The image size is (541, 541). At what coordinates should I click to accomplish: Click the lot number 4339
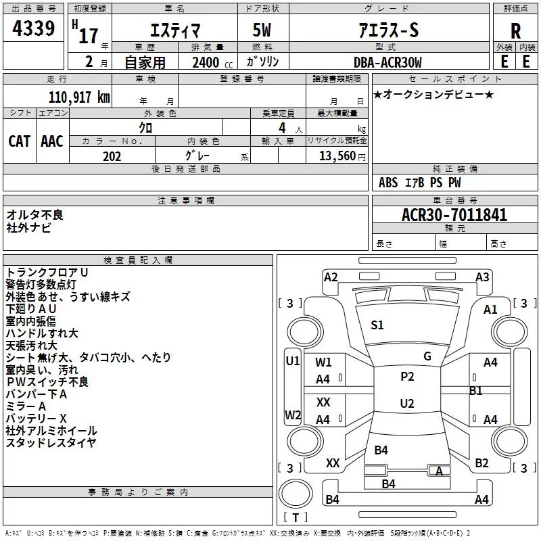click(33, 28)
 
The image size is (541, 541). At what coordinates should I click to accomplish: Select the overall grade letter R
click(515, 31)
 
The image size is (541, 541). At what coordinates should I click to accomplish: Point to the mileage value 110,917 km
click(79, 97)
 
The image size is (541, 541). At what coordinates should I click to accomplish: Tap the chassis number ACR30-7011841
click(454, 214)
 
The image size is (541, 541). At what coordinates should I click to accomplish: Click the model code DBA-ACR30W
click(387, 62)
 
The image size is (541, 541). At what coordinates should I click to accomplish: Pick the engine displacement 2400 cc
click(212, 62)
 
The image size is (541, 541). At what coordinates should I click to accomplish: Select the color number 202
click(112, 156)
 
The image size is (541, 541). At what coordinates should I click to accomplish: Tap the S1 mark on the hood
click(377, 325)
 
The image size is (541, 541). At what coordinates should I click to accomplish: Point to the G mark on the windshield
click(427, 356)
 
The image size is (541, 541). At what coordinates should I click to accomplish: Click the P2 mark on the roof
click(407, 377)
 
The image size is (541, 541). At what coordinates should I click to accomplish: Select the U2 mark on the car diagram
click(407, 403)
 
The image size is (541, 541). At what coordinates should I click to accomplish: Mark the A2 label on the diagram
click(331, 277)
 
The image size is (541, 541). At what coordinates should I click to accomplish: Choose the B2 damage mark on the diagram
click(481, 463)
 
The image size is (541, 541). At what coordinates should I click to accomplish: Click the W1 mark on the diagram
click(323, 362)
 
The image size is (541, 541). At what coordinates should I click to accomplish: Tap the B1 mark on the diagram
click(476, 391)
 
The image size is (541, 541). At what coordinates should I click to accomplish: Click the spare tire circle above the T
click(296, 494)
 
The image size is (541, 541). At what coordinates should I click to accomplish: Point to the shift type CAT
click(20, 141)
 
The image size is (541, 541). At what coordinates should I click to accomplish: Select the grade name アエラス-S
click(388, 30)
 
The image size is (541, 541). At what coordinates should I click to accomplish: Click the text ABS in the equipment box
click(388, 183)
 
